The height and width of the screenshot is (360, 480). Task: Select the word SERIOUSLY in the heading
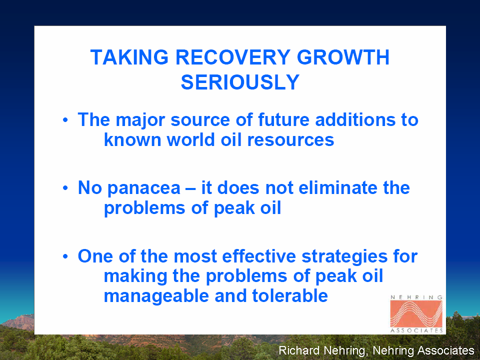point(240,82)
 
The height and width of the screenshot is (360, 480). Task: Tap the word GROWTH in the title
point(343,57)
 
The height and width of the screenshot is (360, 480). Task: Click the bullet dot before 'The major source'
point(65,119)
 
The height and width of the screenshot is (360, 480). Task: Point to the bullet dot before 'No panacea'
point(65,188)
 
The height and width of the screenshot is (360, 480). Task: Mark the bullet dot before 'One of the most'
point(65,256)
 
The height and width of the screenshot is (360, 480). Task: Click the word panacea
point(144,189)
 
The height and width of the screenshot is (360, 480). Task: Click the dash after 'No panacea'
point(190,188)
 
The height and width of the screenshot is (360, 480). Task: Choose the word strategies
point(344,257)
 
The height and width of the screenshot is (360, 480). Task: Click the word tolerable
point(290,295)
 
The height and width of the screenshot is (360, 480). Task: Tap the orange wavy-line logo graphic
point(416,314)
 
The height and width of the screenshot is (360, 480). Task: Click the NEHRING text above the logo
point(416,297)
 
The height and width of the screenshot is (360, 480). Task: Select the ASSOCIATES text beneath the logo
point(416,330)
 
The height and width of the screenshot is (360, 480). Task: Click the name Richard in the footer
point(299,350)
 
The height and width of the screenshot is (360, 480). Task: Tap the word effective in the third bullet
point(259,256)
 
